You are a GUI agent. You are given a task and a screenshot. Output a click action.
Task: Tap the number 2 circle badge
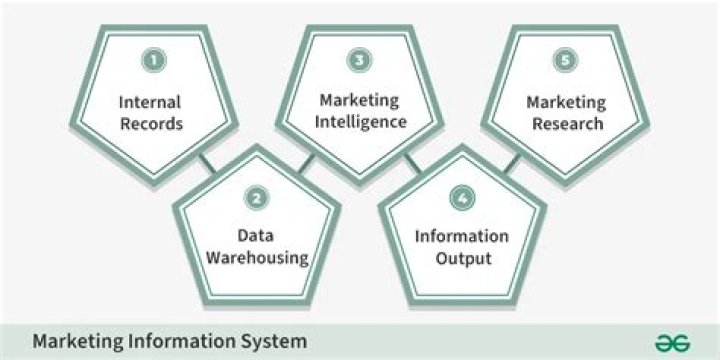tap(257, 198)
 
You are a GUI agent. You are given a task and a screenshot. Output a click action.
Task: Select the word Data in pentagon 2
tap(257, 236)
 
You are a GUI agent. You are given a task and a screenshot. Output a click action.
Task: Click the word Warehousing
tap(257, 259)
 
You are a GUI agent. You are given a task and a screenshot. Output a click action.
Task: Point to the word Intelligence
tap(362, 123)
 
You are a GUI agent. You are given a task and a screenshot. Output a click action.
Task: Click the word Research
tap(566, 125)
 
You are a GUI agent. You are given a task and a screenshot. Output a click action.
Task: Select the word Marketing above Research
tap(566, 102)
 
